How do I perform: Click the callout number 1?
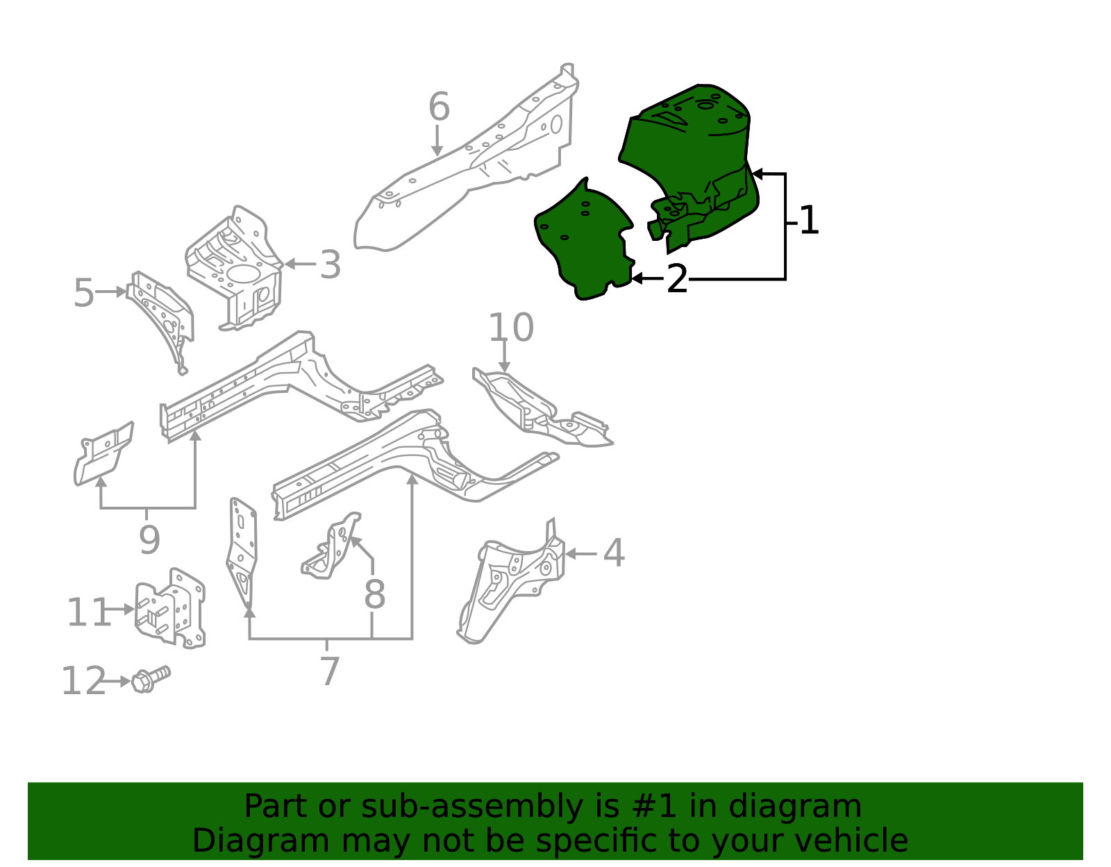coord(809,221)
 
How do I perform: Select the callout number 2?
coord(677,280)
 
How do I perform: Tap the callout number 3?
coord(331,265)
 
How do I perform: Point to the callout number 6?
coord(439,108)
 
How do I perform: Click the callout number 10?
coord(511,328)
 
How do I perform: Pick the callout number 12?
coord(83,682)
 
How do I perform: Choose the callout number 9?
coord(149,540)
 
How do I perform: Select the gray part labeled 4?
coord(514,583)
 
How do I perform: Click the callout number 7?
coord(330,672)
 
